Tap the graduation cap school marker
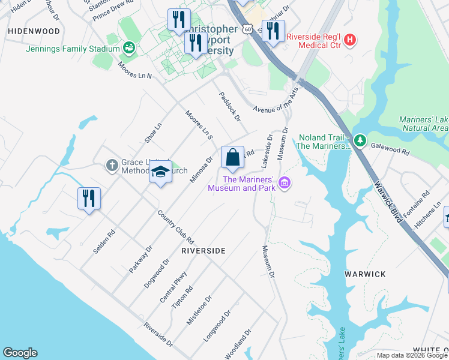click(160, 172)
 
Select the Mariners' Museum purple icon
click(285, 182)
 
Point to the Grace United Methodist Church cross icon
click(112, 165)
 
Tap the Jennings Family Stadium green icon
click(128, 47)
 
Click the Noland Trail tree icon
click(360, 140)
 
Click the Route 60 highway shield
click(247, 28)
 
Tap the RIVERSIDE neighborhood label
click(203, 251)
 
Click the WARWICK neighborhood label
click(365, 274)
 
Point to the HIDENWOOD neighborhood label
click(34, 31)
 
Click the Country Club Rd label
click(175, 226)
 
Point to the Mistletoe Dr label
click(199, 310)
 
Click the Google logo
click(20, 353)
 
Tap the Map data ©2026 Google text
click(411, 355)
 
